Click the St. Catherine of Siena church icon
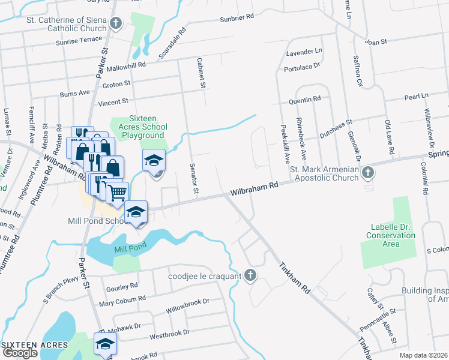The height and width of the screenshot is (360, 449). click(116, 24)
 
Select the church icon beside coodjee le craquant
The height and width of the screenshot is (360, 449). click(251, 276)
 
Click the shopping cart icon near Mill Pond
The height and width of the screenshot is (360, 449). click(118, 192)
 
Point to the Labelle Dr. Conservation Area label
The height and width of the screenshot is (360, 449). click(391, 231)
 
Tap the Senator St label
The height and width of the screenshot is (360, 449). click(193, 178)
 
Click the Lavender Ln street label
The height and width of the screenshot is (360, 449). click(304, 52)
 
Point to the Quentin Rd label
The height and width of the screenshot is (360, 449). click(304, 99)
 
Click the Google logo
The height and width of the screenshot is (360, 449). click(20, 353)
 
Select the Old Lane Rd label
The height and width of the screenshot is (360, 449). click(388, 137)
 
